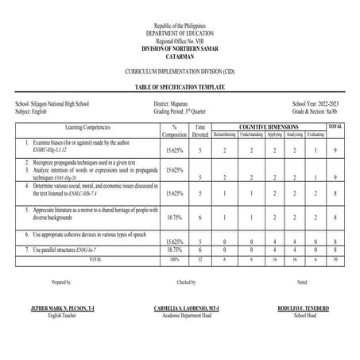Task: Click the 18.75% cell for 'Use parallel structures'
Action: [x=174, y=249]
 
